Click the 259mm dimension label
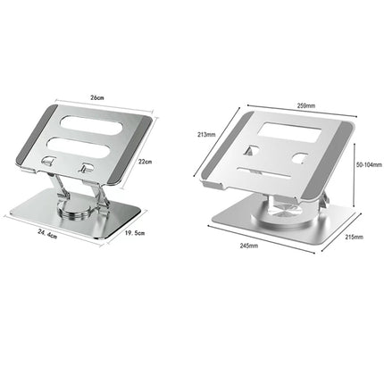point(305,105)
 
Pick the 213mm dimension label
point(207,134)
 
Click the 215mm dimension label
point(355,236)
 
